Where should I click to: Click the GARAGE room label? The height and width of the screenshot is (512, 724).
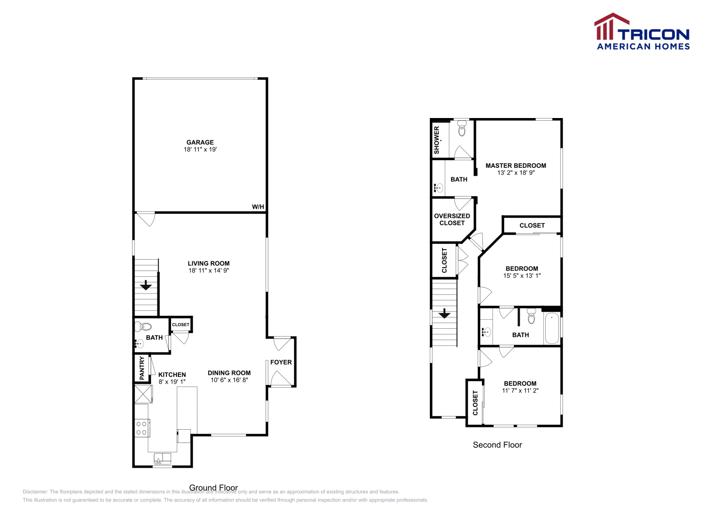tap(200, 142)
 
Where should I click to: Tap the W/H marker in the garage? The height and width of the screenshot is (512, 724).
tap(258, 207)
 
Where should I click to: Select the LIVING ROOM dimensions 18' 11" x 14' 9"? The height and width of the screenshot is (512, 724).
tap(209, 270)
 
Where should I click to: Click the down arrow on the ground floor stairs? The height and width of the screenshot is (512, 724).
tap(146, 285)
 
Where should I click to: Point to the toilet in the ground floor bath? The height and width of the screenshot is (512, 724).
tap(144, 326)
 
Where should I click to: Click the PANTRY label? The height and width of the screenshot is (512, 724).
tap(142, 368)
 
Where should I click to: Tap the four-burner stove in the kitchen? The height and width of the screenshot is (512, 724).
tap(142, 428)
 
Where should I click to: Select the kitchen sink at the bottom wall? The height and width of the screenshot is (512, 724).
tap(162, 459)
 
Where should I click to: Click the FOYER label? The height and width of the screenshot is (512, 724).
tap(281, 362)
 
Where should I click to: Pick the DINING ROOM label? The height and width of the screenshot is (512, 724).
tap(229, 373)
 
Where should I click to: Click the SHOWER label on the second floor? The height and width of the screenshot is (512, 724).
tap(437, 140)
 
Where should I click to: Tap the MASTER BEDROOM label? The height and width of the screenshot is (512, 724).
tap(516, 166)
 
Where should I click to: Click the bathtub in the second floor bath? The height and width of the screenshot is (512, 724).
tap(552, 328)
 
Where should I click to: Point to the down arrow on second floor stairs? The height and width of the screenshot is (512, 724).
tap(444, 313)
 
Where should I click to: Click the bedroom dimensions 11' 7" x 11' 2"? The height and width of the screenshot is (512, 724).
tap(520, 391)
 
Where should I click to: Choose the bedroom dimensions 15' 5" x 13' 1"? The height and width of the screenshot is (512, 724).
tap(522, 275)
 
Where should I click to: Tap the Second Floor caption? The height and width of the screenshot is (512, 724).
tap(497, 445)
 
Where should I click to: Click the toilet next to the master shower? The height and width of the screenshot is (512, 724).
tap(462, 129)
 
